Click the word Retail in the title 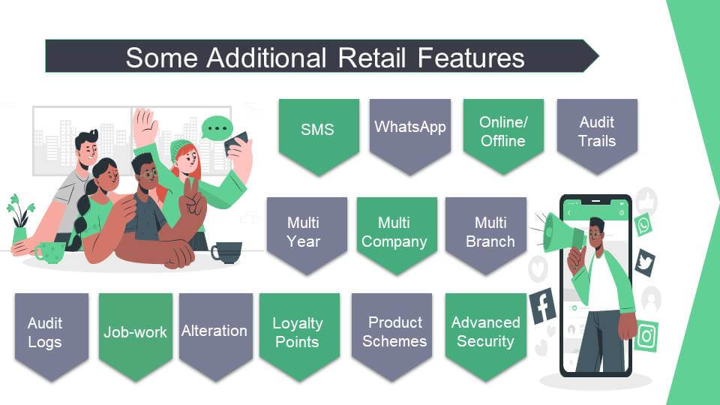pos(372,58)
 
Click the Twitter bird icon pos(645,262)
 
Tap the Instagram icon pos(647,336)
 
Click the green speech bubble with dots pos(217,127)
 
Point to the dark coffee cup pos(226,252)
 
